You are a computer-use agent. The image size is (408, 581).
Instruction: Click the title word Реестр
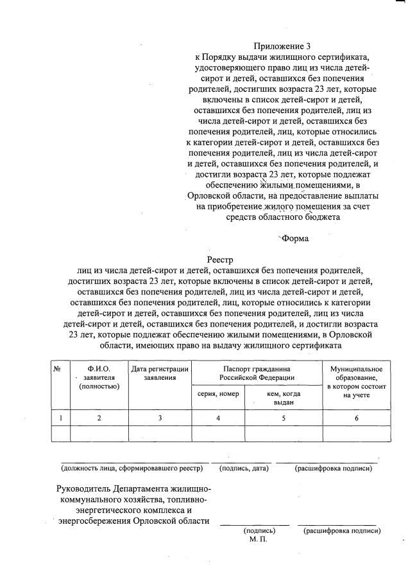(224, 260)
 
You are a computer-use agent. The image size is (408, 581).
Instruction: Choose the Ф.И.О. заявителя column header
(99, 377)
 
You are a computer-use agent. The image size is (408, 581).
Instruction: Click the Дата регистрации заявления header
(160, 373)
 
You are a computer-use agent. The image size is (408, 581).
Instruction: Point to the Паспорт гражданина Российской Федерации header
(257, 373)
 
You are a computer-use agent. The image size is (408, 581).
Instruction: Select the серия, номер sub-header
(218, 393)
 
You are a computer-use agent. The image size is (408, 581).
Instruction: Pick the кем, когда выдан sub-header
(284, 397)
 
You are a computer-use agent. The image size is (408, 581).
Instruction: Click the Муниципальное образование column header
(356, 382)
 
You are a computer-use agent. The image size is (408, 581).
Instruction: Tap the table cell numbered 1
(60, 418)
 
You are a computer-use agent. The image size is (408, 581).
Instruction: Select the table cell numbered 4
(218, 418)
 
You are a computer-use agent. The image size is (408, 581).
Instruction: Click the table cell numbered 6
(356, 418)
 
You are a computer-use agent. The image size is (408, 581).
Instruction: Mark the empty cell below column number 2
(99, 434)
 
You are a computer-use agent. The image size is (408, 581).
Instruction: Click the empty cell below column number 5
(284, 434)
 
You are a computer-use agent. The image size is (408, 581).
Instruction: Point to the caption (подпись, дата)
(243, 469)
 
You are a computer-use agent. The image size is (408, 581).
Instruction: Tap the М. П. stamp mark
(259, 540)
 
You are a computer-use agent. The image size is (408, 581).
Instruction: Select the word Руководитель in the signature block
(87, 489)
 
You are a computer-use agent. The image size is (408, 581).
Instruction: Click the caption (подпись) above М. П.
(259, 531)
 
